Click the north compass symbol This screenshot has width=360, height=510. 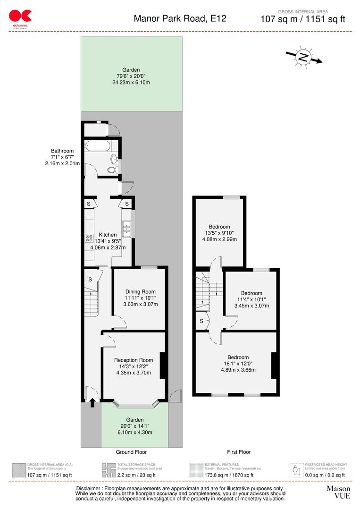[303, 58]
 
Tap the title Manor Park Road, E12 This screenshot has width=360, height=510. [180, 18]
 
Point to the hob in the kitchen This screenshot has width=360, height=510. [89, 238]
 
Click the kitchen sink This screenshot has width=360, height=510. [126, 229]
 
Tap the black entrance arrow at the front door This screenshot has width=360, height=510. [92, 402]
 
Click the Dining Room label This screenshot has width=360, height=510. [140, 292]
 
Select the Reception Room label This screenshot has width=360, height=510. [134, 360]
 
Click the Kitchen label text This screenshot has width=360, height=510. [108, 235]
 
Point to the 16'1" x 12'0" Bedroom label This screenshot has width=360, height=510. [238, 357]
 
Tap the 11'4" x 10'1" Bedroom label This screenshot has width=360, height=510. [251, 293]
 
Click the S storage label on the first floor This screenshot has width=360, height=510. [201, 321]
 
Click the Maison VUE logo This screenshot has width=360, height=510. [338, 492]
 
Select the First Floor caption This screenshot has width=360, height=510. [238, 452]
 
